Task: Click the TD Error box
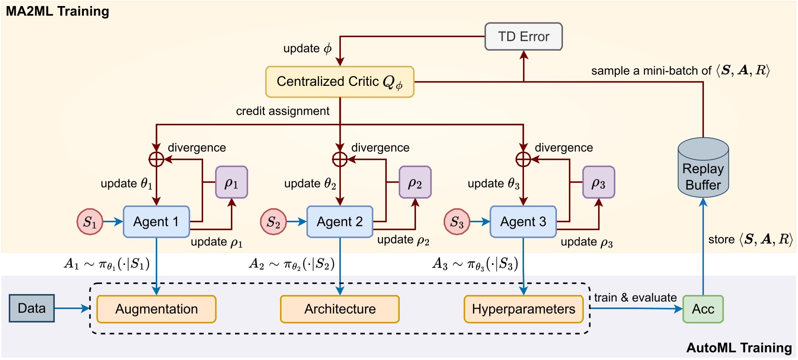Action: [x=523, y=37]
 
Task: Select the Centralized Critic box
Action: [x=339, y=82]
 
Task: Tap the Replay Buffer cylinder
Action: [x=703, y=169]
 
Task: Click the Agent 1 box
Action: [x=156, y=222]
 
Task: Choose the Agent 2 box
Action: [x=340, y=222]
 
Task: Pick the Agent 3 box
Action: [x=523, y=222]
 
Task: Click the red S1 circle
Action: [x=89, y=222]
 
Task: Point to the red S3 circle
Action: [x=457, y=222]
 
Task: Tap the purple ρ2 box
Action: [x=415, y=182]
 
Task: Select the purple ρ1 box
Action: [x=231, y=182]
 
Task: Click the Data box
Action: [x=32, y=308]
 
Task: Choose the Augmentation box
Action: [x=156, y=309]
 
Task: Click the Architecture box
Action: [x=340, y=309]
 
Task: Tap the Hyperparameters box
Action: [x=523, y=309]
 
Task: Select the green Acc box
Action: [x=703, y=309]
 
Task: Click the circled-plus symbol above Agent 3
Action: [x=523, y=159]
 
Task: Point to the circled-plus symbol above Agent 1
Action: [x=156, y=159]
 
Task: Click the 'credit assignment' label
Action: [x=282, y=111]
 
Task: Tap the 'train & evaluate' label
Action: [x=635, y=297]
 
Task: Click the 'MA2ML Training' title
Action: [x=57, y=11]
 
